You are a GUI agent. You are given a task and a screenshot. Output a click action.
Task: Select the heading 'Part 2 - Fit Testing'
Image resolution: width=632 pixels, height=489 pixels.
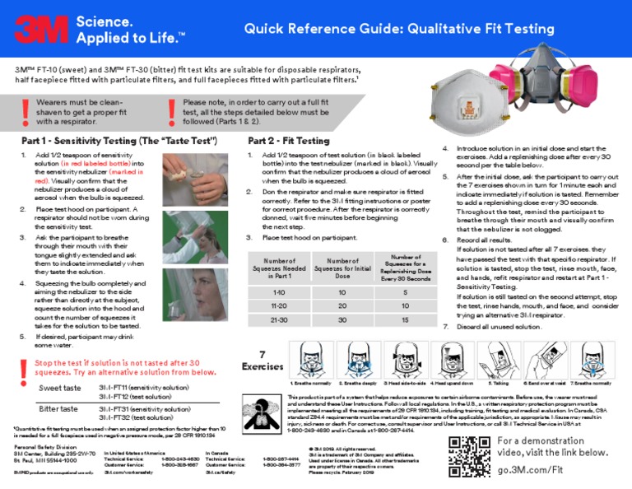(x=288, y=140)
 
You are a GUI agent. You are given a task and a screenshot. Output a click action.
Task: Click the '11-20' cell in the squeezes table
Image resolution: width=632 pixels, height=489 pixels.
(x=280, y=305)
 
